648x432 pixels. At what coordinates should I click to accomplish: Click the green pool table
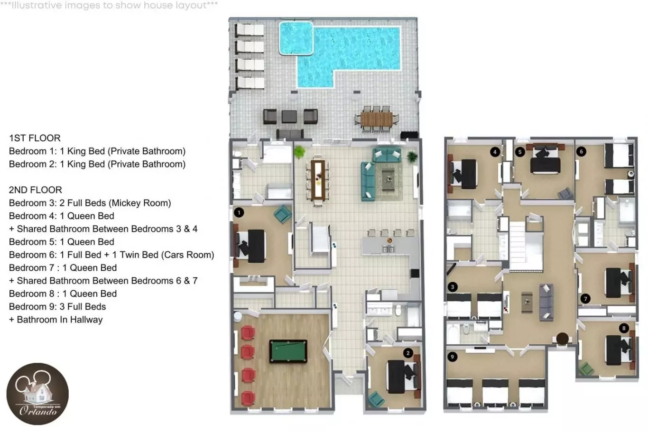(288, 351)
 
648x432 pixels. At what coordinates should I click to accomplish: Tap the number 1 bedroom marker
(239, 213)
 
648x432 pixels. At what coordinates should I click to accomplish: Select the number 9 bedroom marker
(452, 357)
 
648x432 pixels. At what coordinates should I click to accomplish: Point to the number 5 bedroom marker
(520, 152)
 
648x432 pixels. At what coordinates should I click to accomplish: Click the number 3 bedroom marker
(453, 287)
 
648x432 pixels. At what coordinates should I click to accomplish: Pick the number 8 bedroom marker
(624, 328)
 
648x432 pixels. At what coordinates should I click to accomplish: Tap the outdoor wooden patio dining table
(376, 119)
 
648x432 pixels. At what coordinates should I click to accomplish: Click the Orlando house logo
(37, 394)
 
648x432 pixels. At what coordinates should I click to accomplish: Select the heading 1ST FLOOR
(35, 138)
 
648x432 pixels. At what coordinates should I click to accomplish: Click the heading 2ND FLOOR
(35, 190)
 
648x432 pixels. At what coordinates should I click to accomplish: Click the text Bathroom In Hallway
(60, 320)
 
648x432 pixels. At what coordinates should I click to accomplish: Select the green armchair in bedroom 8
(586, 369)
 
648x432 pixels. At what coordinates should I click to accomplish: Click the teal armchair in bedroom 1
(283, 214)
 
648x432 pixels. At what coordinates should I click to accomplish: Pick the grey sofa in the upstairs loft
(546, 302)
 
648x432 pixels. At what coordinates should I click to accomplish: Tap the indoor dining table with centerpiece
(318, 180)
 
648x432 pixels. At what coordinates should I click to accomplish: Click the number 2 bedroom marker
(408, 353)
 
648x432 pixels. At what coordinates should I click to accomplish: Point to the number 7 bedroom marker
(585, 299)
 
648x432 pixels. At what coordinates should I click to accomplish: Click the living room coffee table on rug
(388, 180)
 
